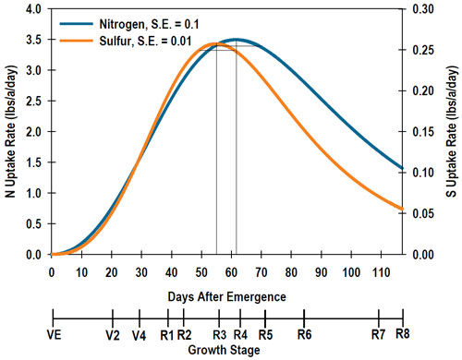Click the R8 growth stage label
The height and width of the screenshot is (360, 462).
pos(402,334)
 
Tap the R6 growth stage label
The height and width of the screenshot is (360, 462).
pos(304,334)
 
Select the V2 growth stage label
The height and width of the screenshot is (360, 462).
pos(112,334)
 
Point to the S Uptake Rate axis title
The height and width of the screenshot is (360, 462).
pos(453,131)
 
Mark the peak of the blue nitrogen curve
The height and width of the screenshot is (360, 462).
pos(237,40)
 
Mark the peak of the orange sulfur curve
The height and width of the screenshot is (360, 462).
pos(216,43)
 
